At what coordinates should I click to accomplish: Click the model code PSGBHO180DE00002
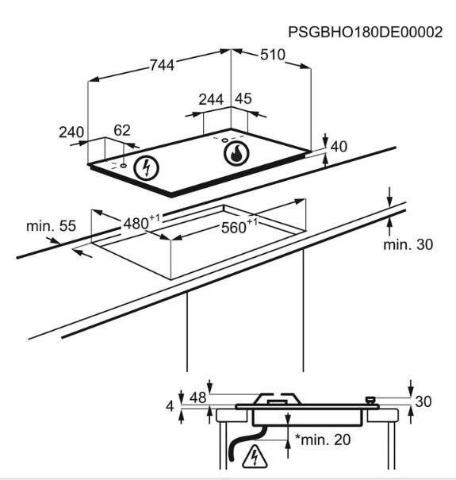pos(366,33)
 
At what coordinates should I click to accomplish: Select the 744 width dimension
pos(162,65)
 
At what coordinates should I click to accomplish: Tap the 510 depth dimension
pos(273,55)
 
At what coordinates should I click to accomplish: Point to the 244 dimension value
pos(211,99)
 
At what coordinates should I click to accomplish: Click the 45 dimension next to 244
pos(243,98)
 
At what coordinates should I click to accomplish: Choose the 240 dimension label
pos(71,132)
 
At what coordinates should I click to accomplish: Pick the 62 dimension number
pos(122,130)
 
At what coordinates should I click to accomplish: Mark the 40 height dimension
pos(339,147)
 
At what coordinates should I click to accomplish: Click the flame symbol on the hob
pos(236,153)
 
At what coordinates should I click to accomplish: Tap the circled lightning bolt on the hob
pos(147,167)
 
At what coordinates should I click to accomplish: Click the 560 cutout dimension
pos(239,226)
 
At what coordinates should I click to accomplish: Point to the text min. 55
pos(51,226)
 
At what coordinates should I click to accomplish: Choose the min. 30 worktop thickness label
pos(408,244)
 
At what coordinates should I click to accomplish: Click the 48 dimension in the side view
pos(198,397)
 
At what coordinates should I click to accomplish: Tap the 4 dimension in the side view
pos(170,406)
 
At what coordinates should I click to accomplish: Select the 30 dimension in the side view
pos(423,401)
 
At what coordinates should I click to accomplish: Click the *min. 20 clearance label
pos(323,440)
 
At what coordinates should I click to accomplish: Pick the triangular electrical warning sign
pos(255,458)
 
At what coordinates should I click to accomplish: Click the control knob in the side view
pos(370,400)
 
